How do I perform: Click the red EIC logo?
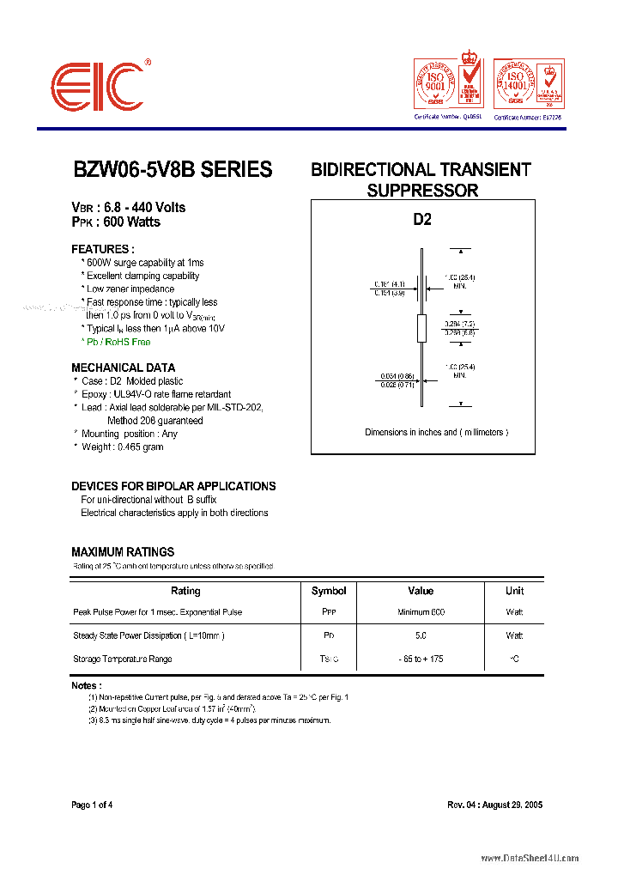pos(96,86)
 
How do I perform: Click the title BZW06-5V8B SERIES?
pos(172,170)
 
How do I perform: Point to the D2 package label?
pos(422,220)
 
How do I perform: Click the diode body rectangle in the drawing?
pos(421,327)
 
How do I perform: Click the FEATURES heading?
pos(103,249)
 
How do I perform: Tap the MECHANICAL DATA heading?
pos(124,368)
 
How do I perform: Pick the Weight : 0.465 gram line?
pos(122,447)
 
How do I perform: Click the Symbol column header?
pos(329,591)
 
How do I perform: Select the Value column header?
pos(421,591)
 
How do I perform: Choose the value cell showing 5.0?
pos(421,636)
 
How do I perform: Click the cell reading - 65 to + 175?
pos(421,659)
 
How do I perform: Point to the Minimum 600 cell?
pos(421,612)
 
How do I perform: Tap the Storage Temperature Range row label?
pos(123,659)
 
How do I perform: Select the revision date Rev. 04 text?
pos(494,805)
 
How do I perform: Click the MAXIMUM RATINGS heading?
pos(123,552)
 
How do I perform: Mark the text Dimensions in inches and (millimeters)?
pos(436,433)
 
